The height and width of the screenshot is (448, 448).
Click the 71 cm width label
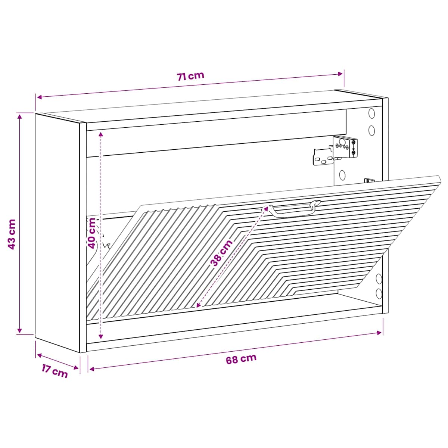(x=190, y=76)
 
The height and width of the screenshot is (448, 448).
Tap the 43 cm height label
(x=12, y=234)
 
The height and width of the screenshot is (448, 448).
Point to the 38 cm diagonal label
(x=221, y=253)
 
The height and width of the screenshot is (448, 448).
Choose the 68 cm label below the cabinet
(x=241, y=359)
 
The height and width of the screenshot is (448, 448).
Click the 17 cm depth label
(x=55, y=371)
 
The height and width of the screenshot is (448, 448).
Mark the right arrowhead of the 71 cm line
(x=340, y=74)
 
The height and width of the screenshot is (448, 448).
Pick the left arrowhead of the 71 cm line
(x=40, y=97)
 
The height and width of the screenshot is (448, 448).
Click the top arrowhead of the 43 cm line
(x=20, y=116)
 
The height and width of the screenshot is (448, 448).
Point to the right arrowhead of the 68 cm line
(x=380, y=333)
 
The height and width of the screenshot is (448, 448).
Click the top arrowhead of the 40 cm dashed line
(x=101, y=134)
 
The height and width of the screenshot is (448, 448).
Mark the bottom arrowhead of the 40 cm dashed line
(x=101, y=336)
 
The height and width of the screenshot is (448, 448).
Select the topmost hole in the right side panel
(x=371, y=113)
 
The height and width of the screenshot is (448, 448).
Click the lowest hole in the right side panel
(x=379, y=293)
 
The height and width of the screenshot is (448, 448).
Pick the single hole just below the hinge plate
(x=342, y=175)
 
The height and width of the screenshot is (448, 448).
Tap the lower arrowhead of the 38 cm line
(x=199, y=306)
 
